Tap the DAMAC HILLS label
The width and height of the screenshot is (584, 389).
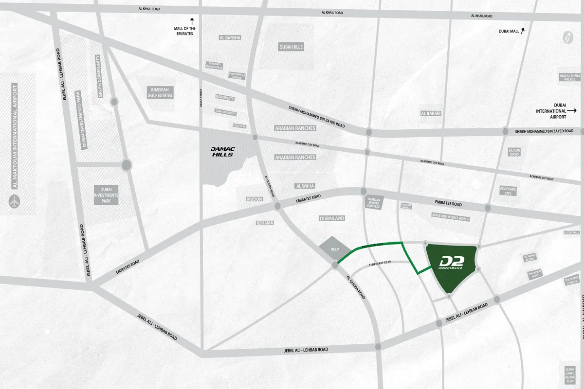[222, 152]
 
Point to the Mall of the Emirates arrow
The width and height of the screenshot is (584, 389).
[192, 21]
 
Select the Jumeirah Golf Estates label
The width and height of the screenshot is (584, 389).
[160, 92]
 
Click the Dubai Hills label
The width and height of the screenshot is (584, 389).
[291, 47]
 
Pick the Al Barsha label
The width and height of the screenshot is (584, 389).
[230, 37]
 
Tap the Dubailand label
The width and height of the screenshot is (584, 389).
[332, 219]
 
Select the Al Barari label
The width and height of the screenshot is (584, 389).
[430, 113]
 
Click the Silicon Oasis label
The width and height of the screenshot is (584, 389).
[514, 152]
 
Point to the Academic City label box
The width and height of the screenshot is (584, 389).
[509, 191]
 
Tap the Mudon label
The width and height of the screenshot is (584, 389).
[255, 199]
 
